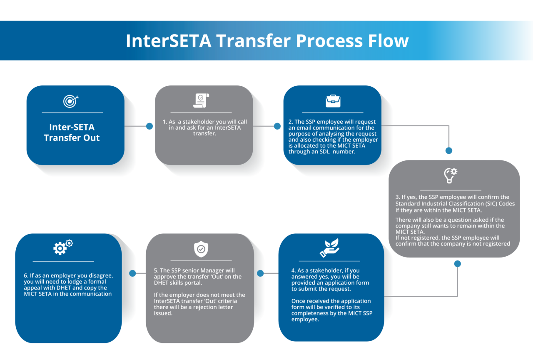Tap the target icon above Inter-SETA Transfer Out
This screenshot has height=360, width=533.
point(71,101)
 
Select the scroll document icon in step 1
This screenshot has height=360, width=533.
point(201,100)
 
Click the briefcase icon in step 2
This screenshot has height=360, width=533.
point(332,100)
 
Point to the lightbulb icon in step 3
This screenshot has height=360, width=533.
point(450,176)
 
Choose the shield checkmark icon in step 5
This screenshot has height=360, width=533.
point(201,249)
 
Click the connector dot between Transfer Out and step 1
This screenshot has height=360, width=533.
point(149,126)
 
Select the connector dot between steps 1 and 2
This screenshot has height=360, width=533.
point(277,126)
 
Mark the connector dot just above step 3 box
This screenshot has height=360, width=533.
point(449,150)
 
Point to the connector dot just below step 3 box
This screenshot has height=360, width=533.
point(458,264)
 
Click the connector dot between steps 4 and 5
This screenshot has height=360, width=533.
point(260,273)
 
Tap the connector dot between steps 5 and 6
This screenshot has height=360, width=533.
point(132,273)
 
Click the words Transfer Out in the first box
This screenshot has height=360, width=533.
point(72,137)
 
